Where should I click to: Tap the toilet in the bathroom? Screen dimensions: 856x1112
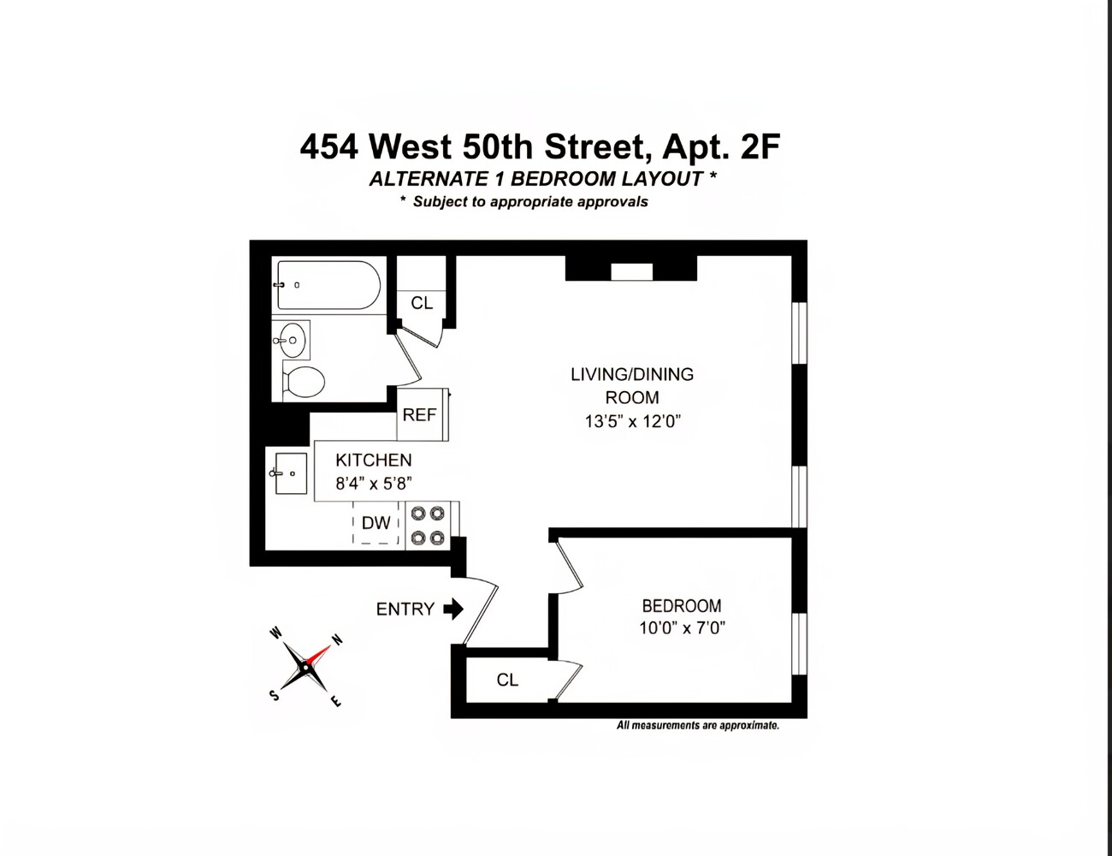303,382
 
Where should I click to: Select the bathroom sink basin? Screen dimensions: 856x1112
291,340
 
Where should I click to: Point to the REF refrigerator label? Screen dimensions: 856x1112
419,415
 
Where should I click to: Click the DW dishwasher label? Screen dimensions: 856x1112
376,523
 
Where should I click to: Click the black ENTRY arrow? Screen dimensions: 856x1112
453,609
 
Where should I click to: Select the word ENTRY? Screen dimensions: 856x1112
405,609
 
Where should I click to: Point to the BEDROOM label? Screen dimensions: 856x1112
682,606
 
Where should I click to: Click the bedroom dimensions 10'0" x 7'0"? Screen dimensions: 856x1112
682,627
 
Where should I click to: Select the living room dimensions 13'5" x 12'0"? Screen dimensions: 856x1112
632,421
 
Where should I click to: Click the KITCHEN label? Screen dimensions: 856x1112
373,461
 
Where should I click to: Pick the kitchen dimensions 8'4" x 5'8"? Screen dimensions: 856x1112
373,484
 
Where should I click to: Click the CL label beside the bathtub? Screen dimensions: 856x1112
422,303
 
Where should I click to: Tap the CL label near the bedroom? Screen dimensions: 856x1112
507,680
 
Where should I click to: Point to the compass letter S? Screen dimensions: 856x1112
275,695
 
